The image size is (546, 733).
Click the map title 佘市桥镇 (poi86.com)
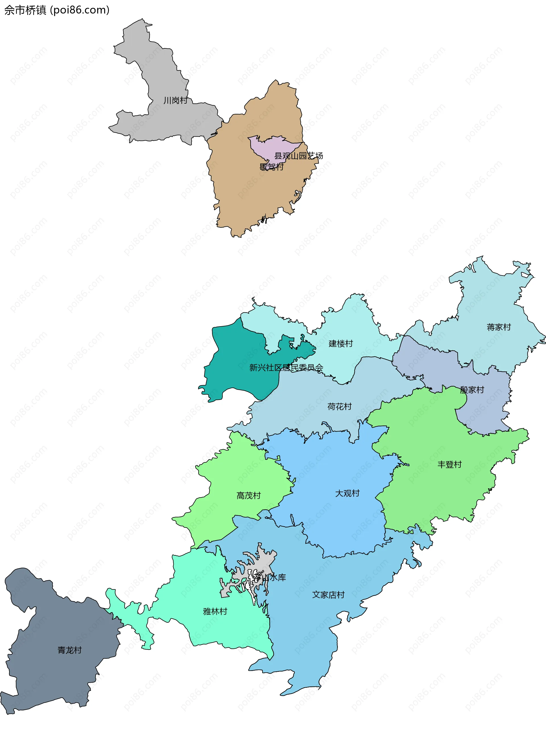pos(57,10)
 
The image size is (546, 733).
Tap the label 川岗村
pos(175,100)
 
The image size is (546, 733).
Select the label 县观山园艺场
pos(298,156)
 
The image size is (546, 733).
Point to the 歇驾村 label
pos(271,167)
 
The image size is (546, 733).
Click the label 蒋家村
pos(499,327)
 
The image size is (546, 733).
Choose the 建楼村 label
pos(340,343)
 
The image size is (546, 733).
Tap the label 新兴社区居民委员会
pos(286,367)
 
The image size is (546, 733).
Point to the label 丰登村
pos(449,464)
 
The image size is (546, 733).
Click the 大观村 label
pos(347,493)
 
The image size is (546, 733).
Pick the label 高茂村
pos(249,496)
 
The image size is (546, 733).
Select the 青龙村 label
pos(69,650)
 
